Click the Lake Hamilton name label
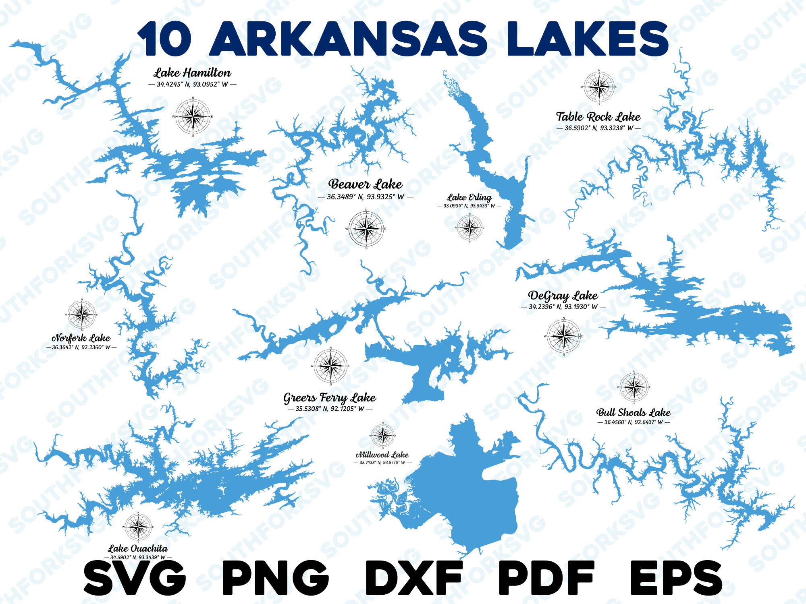pos(192,73)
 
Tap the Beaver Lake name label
pos(366,184)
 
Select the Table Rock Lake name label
pos(598,117)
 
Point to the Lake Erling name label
pos(469,197)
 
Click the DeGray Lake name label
pos(563,296)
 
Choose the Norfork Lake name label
pos(81,338)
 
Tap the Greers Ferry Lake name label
pos(330,398)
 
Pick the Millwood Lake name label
pos(382,455)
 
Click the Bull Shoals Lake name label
pos(633,412)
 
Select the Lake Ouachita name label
pos(138,548)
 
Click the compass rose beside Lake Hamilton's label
pos(193,117)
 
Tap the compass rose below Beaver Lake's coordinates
pos(366,228)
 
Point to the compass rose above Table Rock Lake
pos(599,87)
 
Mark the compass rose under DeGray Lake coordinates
pos(564,336)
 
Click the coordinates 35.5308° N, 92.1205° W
pos(330,409)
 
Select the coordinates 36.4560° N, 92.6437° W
pos(633,422)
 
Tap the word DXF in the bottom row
pos(414,578)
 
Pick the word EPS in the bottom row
pos(676,578)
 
